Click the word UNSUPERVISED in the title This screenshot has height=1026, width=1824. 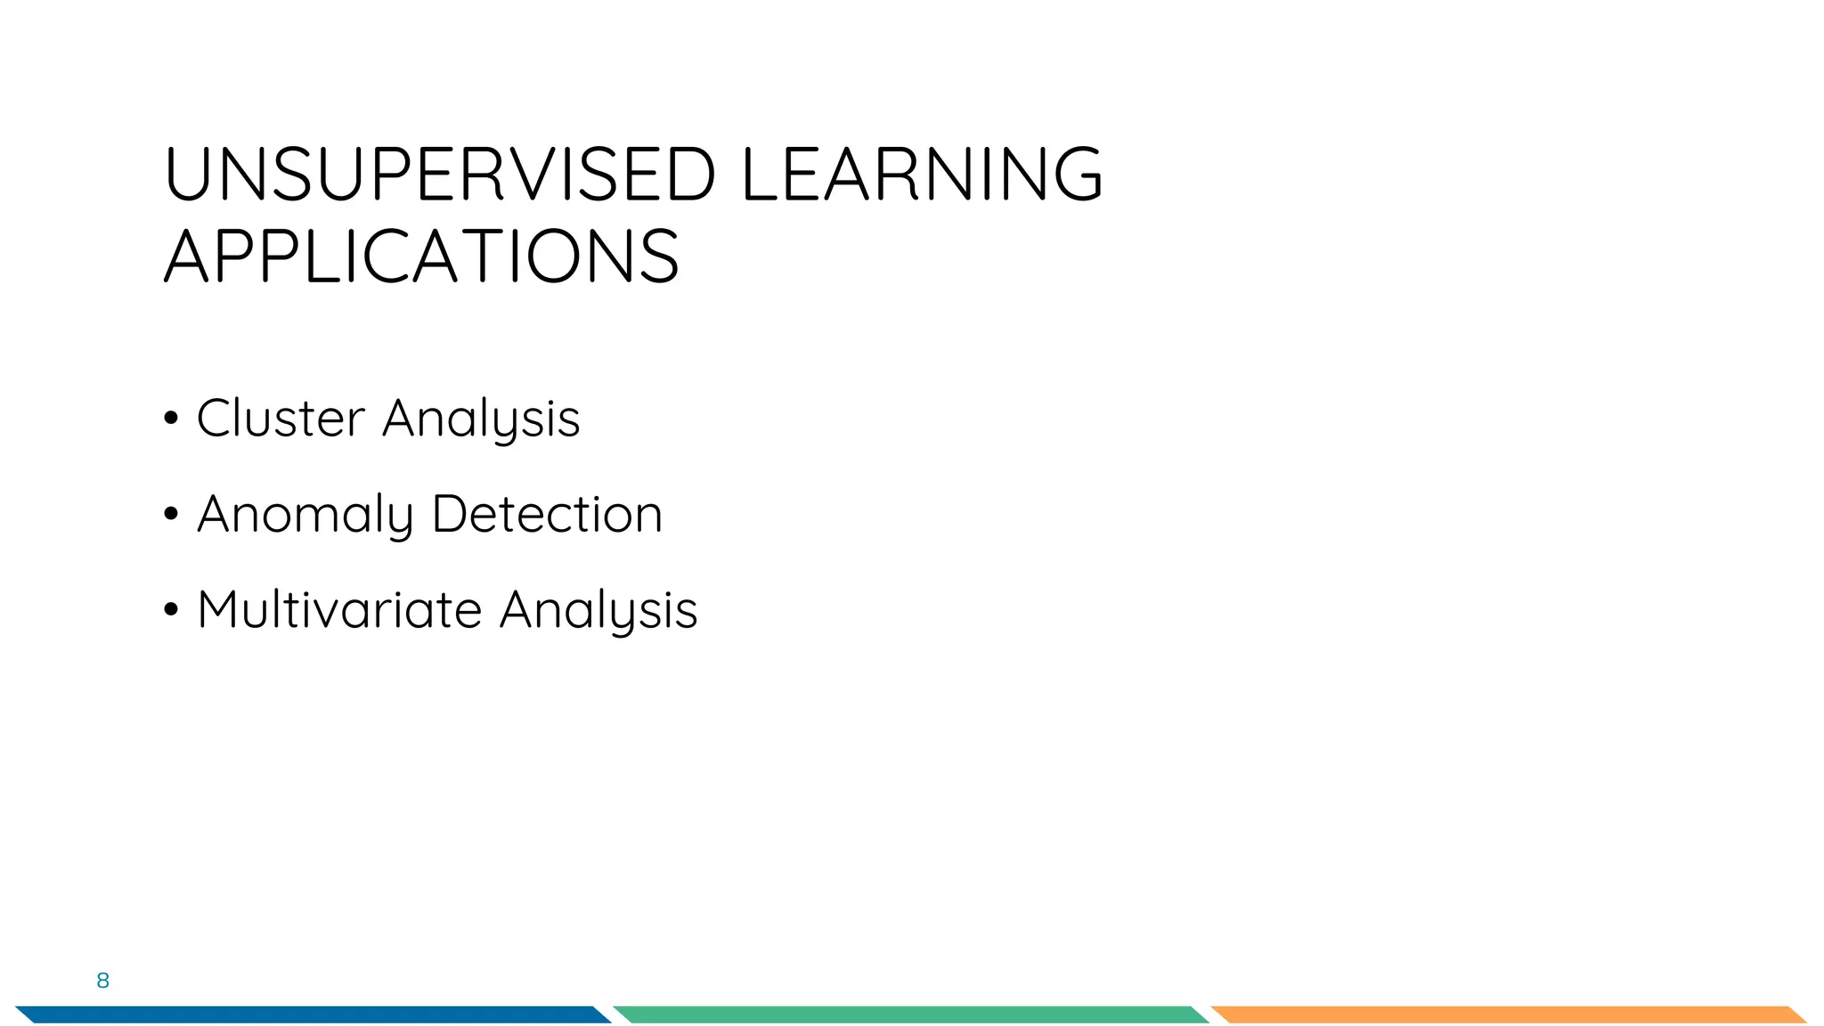[x=440, y=174]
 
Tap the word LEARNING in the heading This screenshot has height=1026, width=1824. [x=921, y=174]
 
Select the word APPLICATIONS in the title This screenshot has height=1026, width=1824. [x=422, y=256]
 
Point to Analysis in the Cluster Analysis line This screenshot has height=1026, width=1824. [x=481, y=419]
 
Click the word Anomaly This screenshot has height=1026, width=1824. [x=305, y=515]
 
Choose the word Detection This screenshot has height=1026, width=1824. [x=547, y=514]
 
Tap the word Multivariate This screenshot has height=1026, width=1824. [x=339, y=610]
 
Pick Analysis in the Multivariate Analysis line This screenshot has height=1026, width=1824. [x=598, y=611]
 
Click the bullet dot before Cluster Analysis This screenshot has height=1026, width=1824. [x=171, y=419]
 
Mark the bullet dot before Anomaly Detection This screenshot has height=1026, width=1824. [x=171, y=515]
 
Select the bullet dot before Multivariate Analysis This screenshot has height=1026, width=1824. [x=171, y=611]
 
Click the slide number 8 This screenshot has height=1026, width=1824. [x=102, y=981]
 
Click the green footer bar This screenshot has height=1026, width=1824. [x=910, y=1014]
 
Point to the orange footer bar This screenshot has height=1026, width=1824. [x=1509, y=1014]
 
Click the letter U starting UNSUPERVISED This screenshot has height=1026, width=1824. [x=187, y=174]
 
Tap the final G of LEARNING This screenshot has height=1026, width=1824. [x=1076, y=174]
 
